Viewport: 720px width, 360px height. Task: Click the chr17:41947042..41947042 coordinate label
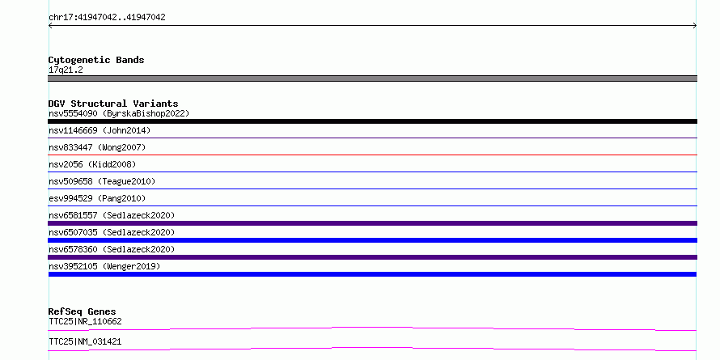tap(107, 18)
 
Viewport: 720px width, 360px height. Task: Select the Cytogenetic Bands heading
tap(96, 60)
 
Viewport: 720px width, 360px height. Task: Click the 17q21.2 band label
tap(66, 70)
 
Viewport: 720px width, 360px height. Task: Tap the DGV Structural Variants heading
tap(113, 104)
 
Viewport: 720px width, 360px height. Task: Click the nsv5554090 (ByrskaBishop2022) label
tap(119, 113)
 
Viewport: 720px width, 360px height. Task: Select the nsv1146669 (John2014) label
tap(100, 130)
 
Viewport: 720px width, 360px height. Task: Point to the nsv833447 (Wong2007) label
tap(97, 147)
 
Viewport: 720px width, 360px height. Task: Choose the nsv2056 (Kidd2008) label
tap(92, 164)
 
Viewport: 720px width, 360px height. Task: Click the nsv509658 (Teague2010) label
tap(102, 181)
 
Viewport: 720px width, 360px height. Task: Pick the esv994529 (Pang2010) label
tap(97, 198)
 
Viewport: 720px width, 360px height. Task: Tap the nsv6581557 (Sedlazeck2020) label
tap(112, 215)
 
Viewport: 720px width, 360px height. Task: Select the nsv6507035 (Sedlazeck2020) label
tap(112, 232)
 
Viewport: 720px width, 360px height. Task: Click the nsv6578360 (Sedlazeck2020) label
tap(112, 249)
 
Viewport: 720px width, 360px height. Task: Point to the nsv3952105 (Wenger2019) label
tap(104, 266)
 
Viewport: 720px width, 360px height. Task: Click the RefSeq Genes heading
tap(83, 311)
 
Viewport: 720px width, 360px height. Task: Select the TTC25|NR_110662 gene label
tap(85, 321)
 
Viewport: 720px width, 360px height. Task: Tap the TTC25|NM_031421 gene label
tap(85, 341)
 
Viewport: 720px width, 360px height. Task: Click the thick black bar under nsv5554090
tap(372, 121)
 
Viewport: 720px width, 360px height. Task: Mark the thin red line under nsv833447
tap(372, 155)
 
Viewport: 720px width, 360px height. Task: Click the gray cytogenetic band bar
tap(372, 78)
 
